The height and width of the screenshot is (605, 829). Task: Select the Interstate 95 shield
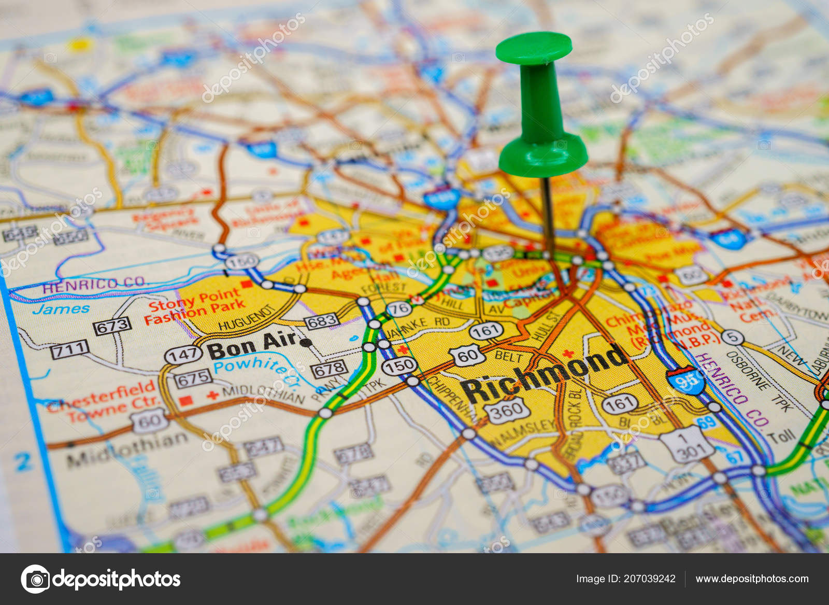pyautogui.click(x=685, y=381)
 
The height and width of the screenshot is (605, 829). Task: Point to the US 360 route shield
pyautogui.click(x=507, y=411)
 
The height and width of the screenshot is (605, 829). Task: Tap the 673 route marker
pyautogui.click(x=112, y=326)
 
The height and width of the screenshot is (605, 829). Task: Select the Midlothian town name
pyautogui.click(x=127, y=448)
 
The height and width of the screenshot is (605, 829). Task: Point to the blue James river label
pyautogui.click(x=61, y=309)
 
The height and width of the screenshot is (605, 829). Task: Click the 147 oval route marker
pyautogui.click(x=183, y=355)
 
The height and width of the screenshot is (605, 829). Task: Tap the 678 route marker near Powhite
pyautogui.click(x=329, y=369)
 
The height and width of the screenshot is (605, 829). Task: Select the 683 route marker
pyautogui.click(x=322, y=321)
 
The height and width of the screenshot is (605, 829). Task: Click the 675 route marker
pyautogui.click(x=193, y=379)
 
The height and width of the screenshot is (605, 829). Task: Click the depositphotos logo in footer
pyautogui.click(x=101, y=579)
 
